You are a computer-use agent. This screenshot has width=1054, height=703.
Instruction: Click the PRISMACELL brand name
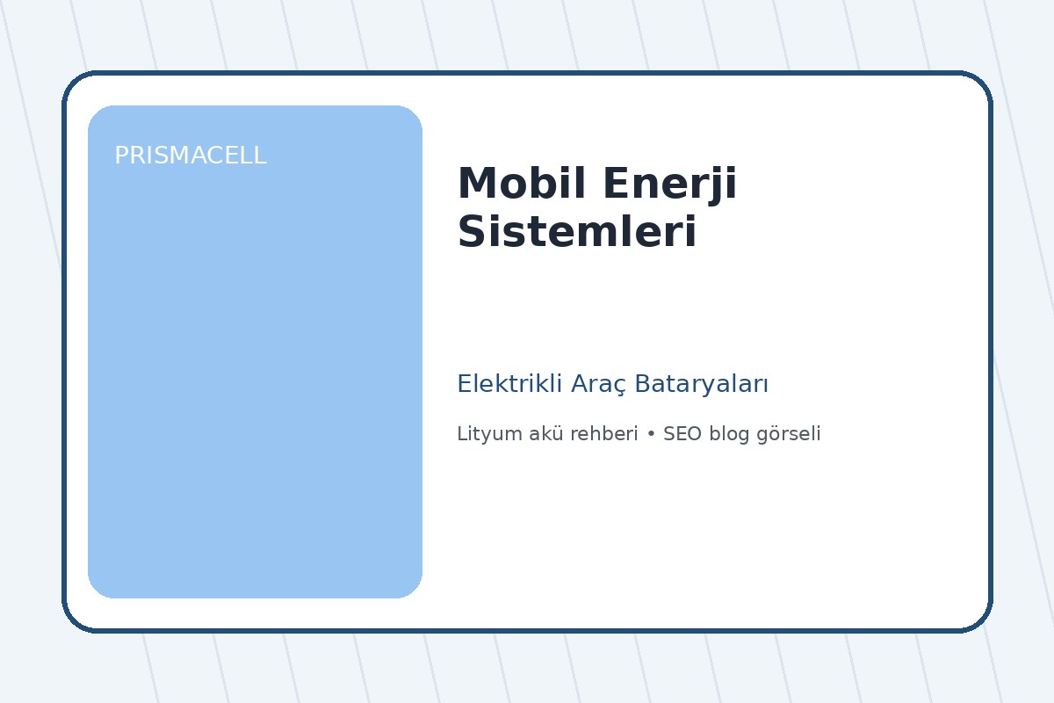(x=190, y=156)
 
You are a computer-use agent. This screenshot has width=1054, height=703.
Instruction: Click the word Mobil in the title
(x=507, y=185)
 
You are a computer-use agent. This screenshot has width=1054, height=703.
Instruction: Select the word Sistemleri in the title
(x=577, y=233)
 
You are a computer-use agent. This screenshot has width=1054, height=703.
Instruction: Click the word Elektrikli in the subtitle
(x=509, y=384)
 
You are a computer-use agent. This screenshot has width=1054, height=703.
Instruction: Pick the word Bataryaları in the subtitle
(x=702, y=385)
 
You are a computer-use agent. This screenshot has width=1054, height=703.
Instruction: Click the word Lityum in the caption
(x=485, y=434)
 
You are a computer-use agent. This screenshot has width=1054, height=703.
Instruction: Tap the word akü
(x=538, y=434)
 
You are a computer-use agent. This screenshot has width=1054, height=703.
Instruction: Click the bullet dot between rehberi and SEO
(x=651, y=435)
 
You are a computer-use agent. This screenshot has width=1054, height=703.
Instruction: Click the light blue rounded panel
(x=255, y=369)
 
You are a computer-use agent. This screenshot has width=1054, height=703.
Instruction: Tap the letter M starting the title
(x=475, y=185)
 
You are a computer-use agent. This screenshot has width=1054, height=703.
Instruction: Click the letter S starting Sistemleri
(x=472, y=233)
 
